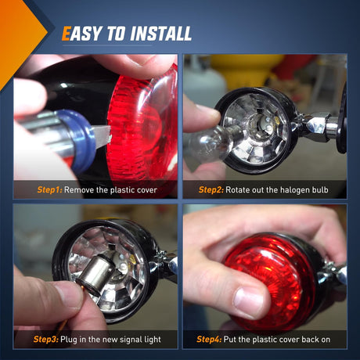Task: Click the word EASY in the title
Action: click(x=80, y=34)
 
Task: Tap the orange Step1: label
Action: click(x=49, y=189)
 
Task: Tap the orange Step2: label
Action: click(x=211, y=189)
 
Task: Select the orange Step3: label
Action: click(x=49, y=339)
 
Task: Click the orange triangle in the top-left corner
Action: click(x=17, y=31)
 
